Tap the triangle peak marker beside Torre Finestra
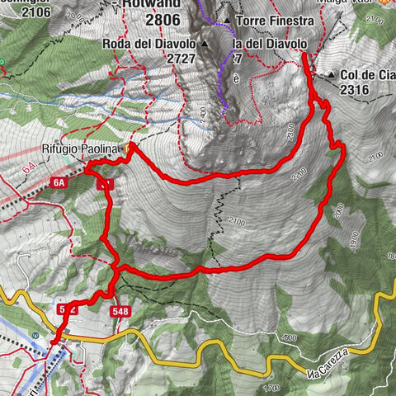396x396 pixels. [226, 20]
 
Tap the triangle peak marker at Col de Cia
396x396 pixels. [331, 75]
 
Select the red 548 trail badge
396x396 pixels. [120, 310]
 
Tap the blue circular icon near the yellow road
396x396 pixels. [35, 334]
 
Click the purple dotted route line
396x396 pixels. [221, 82]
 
